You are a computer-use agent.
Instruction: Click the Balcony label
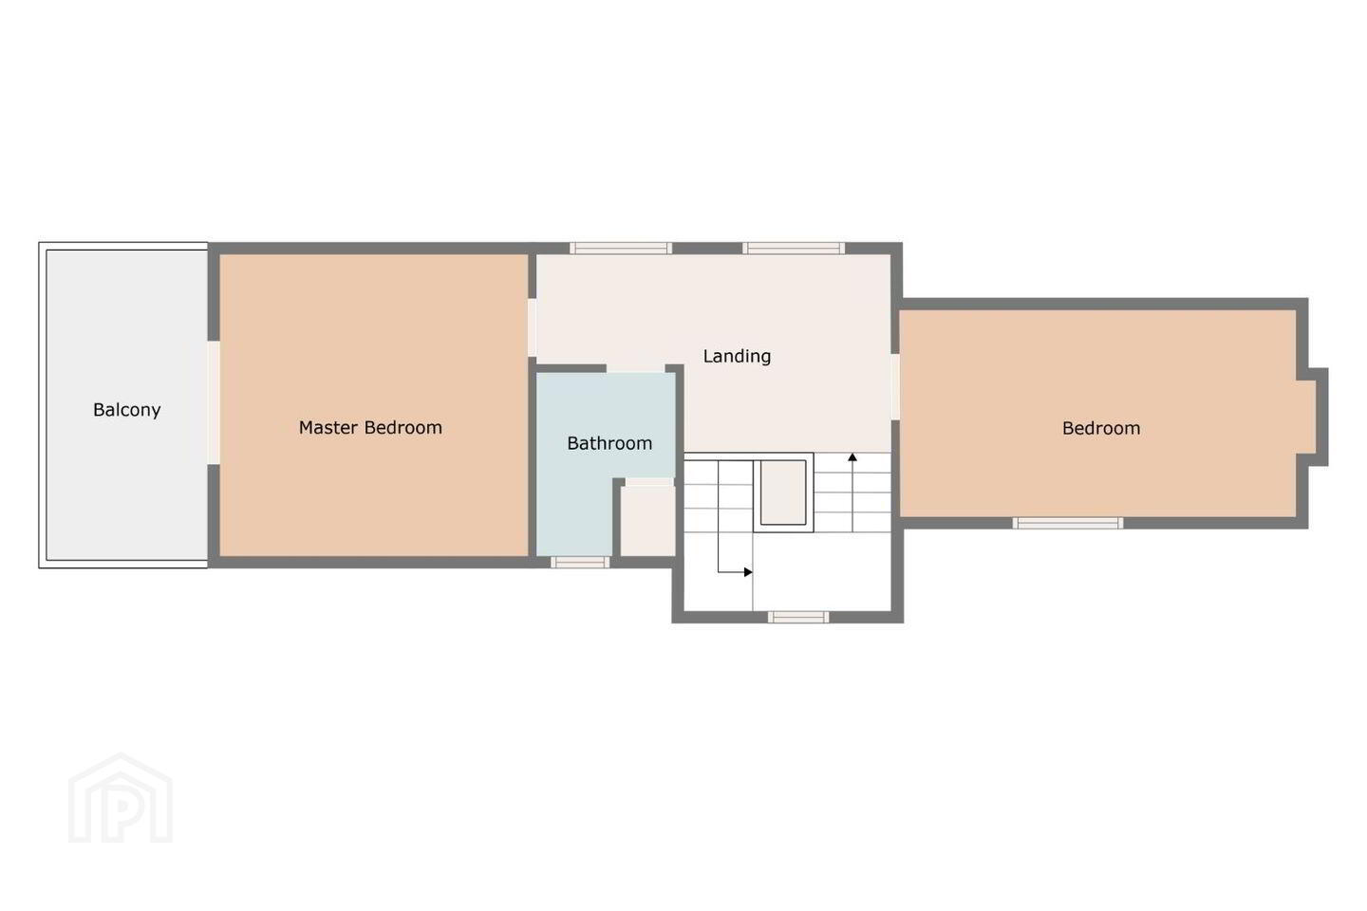(x=127, y=409)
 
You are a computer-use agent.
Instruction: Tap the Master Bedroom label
(x=370, y=427)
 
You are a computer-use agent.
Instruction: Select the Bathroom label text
(x=609, y=443)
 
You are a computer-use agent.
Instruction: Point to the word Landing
(x=738, y=356)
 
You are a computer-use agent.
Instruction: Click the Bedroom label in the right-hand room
(x=1101, y=428)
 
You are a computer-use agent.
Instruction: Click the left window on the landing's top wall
(x=621, y=248)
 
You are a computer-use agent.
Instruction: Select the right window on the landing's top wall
(x=794, y=248)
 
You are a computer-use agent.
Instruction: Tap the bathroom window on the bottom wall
(x=580, y=562)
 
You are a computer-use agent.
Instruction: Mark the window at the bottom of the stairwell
(x=798, y=617)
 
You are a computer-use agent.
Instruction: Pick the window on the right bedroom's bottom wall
(x=1068, y=523)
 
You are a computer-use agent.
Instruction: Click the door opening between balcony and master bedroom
(x=214, y=402)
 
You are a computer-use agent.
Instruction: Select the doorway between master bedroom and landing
(x=533, y=327)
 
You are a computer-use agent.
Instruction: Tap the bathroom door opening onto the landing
(x=635, y=368)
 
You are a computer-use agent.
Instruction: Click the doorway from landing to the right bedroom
(x=895, y=386)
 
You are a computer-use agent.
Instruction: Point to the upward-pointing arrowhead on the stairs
(x=852, y=457)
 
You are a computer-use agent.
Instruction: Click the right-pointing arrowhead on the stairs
(x=748, y=572)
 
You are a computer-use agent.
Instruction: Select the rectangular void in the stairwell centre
(x=783, y=493)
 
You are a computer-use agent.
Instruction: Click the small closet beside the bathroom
(x=648, y=520)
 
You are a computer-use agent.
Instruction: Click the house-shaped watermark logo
(x=121, y=798)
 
